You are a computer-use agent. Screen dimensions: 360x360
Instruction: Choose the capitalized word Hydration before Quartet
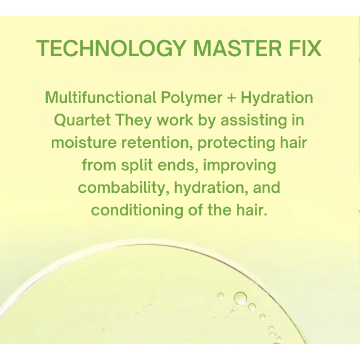coord(277,98)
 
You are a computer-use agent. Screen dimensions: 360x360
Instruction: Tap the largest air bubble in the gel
coord(240,298)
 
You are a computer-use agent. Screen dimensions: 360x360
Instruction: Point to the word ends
coord(189,165)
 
